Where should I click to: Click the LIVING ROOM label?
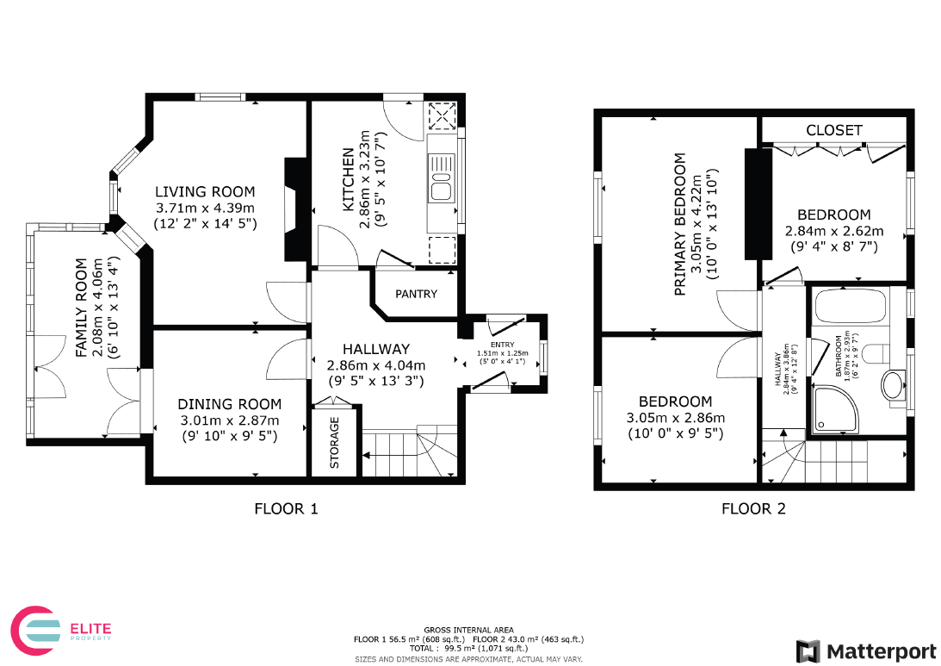[x=205, y=191]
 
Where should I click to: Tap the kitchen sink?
[x=441, y=177]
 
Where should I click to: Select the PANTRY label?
[x=416, y=294]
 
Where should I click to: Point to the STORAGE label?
[x=334, y=443]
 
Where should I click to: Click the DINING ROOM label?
[x=229, y=404]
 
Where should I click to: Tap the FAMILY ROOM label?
[x=82, y=308]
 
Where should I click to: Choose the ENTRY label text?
[x=502, y=345]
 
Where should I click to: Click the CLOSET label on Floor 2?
[x=834, y=130]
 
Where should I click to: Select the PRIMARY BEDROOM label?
[x=680, y=224]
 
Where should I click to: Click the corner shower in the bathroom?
[x=836, y=409]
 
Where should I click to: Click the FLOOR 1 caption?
[x=287, y=508]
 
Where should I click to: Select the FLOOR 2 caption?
[x=753, y=508]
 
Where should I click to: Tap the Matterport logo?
[x=866, y=651]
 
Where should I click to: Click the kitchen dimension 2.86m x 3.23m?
[x=366, y=179]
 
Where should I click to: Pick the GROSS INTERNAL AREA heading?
[x=468, y=630]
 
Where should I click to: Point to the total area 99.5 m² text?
[x=468, y=648]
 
